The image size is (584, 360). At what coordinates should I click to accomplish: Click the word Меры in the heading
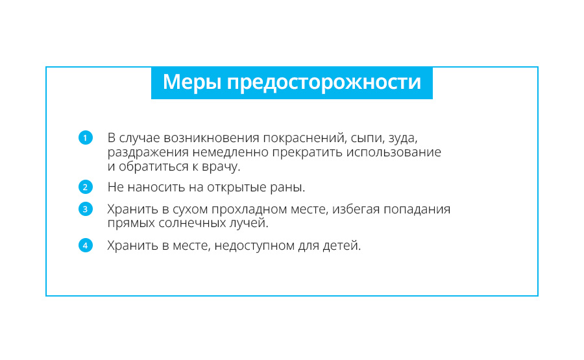click(193, 82)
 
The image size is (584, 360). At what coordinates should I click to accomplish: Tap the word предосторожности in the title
click(324, 83)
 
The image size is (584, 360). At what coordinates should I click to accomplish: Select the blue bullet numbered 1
click(85, 138)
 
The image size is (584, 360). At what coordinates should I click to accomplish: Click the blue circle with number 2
click(85, 187)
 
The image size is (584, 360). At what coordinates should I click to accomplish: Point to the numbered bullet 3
click(85, 209)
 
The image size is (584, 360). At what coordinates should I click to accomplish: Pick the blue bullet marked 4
click(85, 245)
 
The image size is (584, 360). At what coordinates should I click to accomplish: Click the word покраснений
click(305, 138)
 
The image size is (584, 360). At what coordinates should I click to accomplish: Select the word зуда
click(403, 139)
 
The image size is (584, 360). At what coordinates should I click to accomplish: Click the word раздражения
click(148, 153)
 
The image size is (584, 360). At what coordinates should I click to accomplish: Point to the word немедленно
click(230, 152)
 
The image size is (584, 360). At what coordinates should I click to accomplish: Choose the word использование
click(394, 152)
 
